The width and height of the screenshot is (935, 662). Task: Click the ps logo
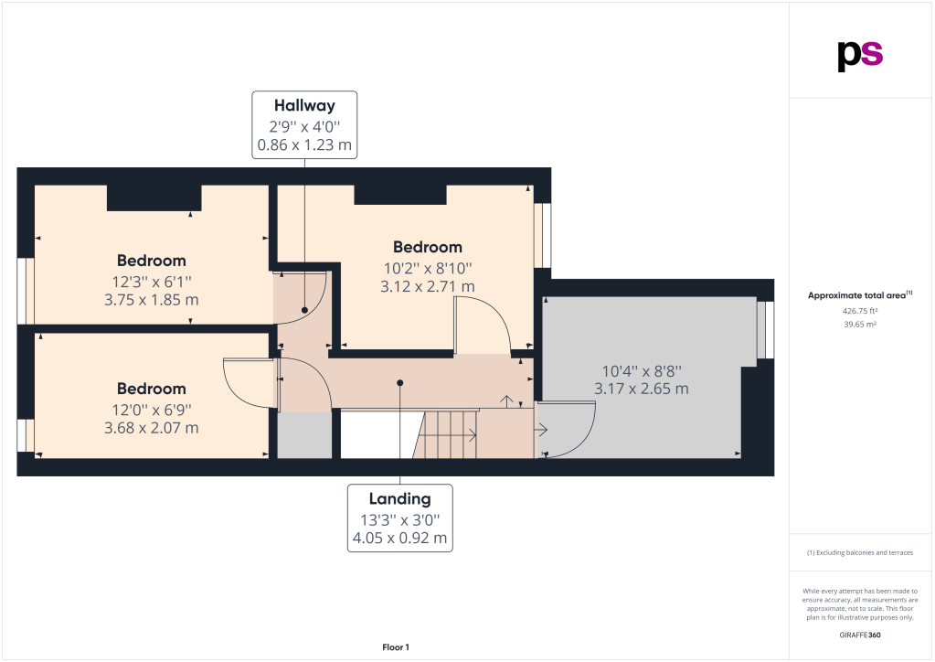point(860,56)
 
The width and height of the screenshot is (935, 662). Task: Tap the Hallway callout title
point(304,105)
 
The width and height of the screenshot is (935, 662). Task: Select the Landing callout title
point(399,498)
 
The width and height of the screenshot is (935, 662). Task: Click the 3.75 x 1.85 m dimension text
point(152,299)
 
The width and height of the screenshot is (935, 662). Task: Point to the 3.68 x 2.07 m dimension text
point(152,428)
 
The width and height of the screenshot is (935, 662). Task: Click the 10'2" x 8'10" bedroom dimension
point(428,269)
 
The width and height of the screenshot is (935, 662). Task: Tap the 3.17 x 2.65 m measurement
point(642,389)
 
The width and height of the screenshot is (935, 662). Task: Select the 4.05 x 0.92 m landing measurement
point(399,538)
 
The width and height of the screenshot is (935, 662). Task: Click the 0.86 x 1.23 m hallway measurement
point(304,144)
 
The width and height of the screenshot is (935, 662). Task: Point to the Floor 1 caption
point(396,647)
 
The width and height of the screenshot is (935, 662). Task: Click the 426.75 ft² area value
point(860,311)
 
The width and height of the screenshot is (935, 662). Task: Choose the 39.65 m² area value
point(860,325)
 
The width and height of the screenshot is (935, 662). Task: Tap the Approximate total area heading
point(860,295)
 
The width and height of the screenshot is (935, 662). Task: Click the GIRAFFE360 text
point(860,635)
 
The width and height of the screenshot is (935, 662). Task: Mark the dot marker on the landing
point(400,383)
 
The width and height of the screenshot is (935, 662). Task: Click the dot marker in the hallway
point(304,310)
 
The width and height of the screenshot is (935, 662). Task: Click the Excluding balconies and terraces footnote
point(860,553)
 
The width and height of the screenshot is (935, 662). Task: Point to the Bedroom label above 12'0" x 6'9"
point(152,389)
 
